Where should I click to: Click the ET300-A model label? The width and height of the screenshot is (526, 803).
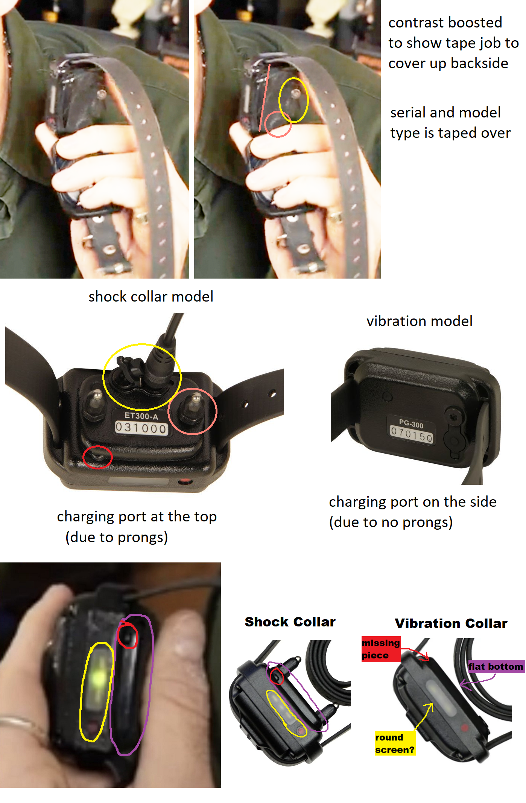tap(141, 416)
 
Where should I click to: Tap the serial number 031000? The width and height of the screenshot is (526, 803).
tap(141, 428)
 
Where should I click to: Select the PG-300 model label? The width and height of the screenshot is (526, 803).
tap(411, 424)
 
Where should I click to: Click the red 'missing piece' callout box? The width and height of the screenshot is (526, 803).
tap(381, 649)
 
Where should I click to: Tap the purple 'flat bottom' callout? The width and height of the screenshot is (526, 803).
tap(496, 666)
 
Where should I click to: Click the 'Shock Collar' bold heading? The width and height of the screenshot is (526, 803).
tap(290, 622)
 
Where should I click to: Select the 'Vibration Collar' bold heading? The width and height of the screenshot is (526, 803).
tap(451, 623)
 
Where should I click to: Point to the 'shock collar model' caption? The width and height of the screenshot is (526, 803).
tap(151, 297)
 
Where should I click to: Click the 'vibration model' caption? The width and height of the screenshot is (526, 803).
tap(420, 321)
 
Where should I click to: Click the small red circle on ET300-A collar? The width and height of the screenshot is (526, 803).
tap(97, 457)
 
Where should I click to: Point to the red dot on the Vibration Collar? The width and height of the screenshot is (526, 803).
tap(465, 728)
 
